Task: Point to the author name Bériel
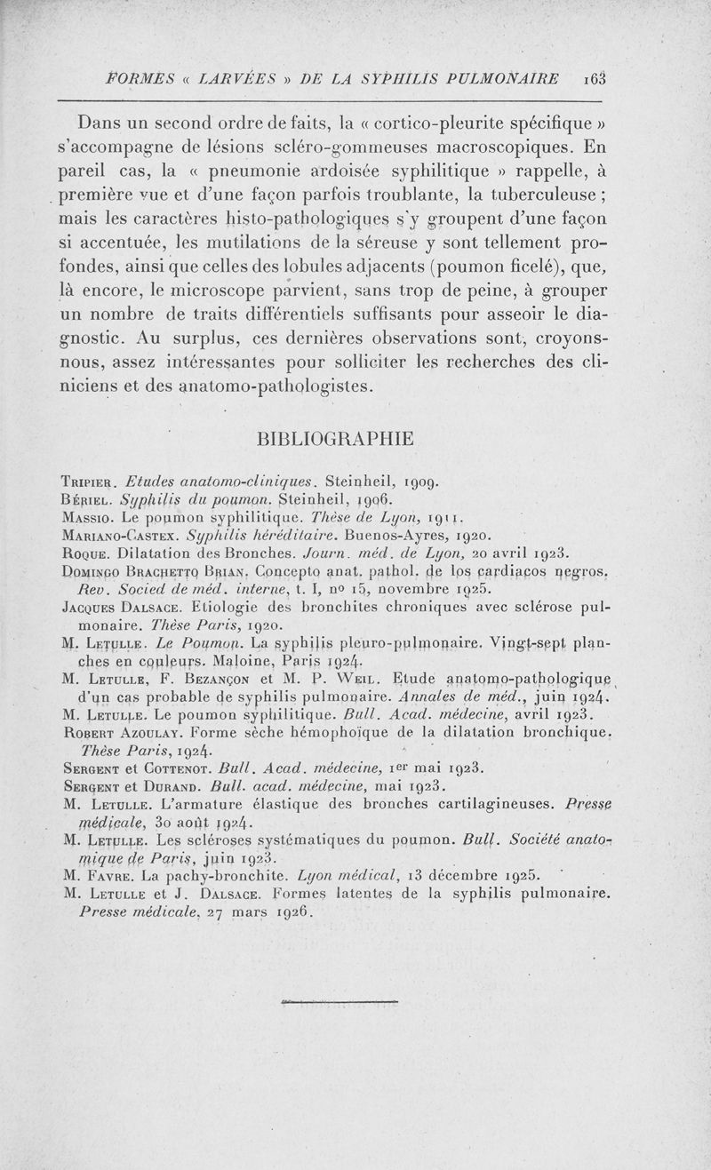pyautogui.click(x=91, y=500)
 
